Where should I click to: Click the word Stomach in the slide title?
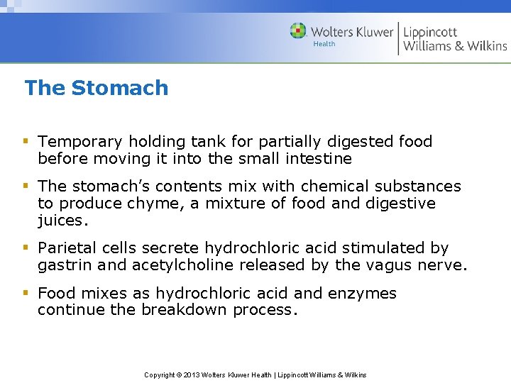(120, 88)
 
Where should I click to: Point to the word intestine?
(318, 158)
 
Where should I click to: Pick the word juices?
(61, 221)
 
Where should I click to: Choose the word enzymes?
(363, 293)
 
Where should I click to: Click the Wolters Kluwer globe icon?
(298, 31)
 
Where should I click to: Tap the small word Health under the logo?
(324, 44)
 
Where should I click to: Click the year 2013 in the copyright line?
(192, 374)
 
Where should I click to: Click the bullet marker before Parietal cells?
(26, 248)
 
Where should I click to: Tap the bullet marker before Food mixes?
(26, 293)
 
